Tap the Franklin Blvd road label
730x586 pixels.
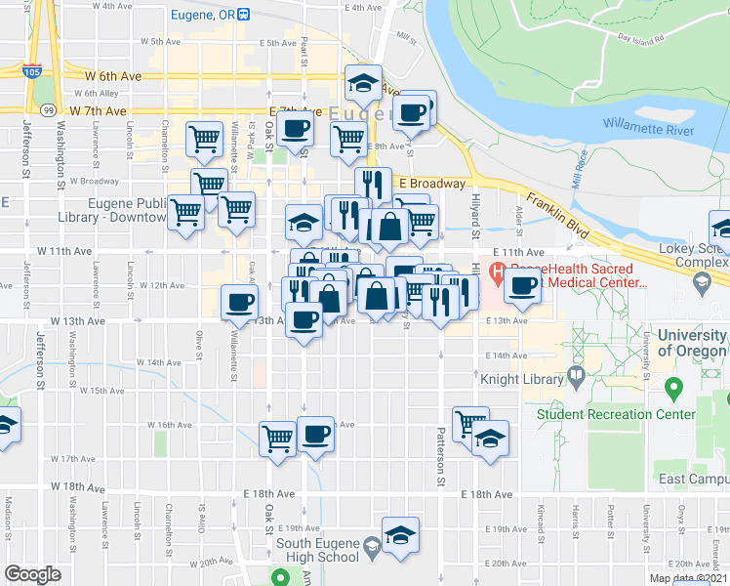(560, 214)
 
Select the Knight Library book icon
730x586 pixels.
(576, 376)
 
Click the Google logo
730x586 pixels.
(33, 574)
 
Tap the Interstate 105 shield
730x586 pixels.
(32, 70)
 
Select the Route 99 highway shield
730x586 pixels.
(47, 109)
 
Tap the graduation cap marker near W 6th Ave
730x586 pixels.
(363, 82)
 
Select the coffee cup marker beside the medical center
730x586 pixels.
(523, 284)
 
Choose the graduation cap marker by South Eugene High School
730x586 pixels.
(399, 535)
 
